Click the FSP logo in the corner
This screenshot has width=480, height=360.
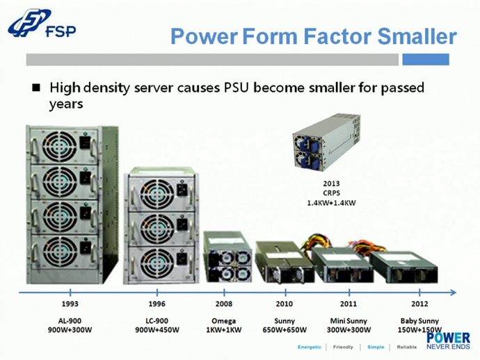coord(42,23)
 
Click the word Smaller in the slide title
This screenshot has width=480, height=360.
coord(417,36)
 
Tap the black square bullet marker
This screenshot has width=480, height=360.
coord(36,88)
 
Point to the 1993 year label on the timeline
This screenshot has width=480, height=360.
coord(70,304)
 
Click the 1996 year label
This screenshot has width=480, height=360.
coord(157,304)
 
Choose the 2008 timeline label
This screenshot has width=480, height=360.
coord(224,304)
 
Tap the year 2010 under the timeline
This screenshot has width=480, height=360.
coord(285,304)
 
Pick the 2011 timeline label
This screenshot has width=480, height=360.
coord(349,304)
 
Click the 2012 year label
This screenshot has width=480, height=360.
coord(419,304)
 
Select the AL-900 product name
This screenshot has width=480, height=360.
coord(70,321)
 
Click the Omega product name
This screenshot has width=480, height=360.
coord(224,321)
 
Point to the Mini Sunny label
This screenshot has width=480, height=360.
coord(349,321)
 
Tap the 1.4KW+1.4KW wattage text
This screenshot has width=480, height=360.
coord(332,203)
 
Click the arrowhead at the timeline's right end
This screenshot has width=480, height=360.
coord(454,293)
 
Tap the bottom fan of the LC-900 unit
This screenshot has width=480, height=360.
coord(157,263)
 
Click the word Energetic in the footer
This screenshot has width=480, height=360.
coord(310,347)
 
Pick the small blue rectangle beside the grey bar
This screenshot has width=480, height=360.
coord(426,59)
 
